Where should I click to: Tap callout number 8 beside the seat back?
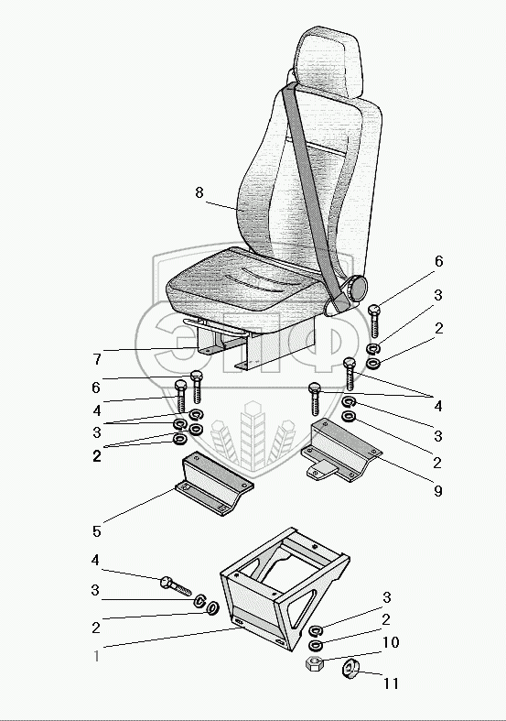[x=199, y=192]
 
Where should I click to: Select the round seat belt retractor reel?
[x=356, y=289]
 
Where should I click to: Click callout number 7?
[x=97, y=358]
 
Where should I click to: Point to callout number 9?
[x=438, y=491]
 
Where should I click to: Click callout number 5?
[x=96, y=531]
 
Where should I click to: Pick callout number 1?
[x=96, y=656]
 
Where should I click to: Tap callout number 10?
[x=391, y=642]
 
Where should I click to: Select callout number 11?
[x=391, y=683]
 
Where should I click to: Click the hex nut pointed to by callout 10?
[x=315, y=664]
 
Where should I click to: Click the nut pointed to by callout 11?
[x=351, y=668]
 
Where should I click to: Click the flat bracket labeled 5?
[x=214, y=484]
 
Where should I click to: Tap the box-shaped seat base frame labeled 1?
[x=285, y=588]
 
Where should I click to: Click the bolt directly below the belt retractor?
[x=374, y=321]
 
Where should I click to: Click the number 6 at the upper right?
[x=438, y=261]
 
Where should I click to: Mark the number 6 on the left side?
[x=95, y=388]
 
